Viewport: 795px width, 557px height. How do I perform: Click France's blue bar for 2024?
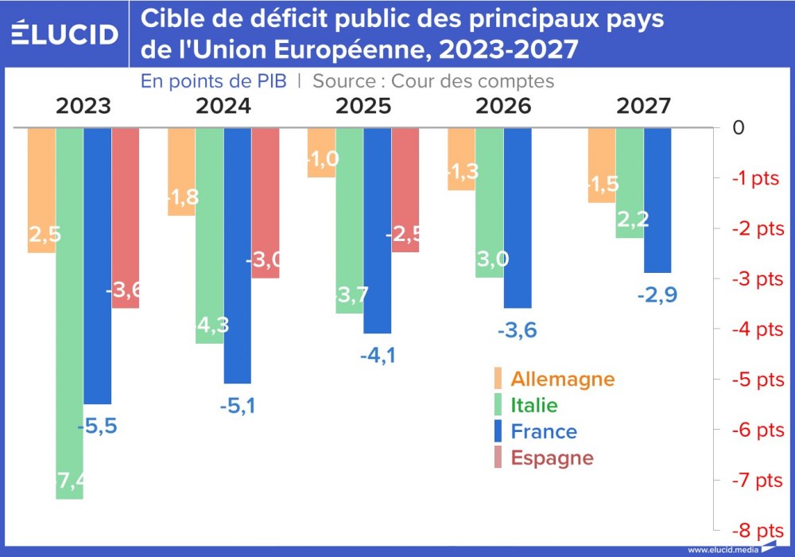pos(238,255)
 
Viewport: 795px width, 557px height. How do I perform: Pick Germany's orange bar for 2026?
pos(461,159)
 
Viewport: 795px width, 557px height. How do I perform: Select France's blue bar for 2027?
pos(657,200)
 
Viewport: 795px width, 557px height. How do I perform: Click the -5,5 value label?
pos(97,426)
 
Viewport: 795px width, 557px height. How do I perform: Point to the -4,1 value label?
pos(378,356)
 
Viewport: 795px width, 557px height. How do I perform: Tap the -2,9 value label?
pos(657,295)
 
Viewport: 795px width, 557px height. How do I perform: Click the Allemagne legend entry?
pos(562,379)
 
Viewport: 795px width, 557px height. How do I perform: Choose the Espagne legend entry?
pos(552,458)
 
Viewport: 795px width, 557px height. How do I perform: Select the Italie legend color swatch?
pos(498,405)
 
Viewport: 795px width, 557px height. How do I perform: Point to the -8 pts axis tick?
pos(758,530)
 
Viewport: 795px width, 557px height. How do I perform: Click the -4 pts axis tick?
pos(758,329)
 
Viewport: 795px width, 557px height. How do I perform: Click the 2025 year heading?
pos(363,107)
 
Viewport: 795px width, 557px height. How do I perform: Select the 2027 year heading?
pos(643,107)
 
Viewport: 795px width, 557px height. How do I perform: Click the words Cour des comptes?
pos(472,81)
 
